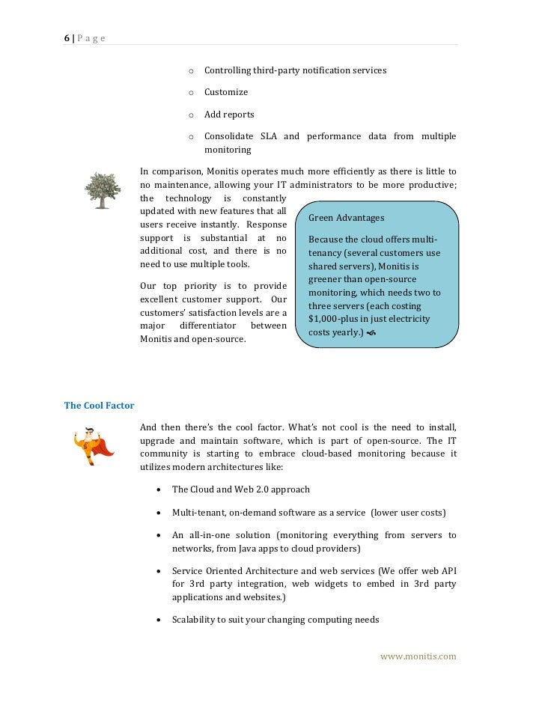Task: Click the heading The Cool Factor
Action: coord(99,406)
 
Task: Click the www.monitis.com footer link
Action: coord(418,656)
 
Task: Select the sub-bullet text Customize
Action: coord(226,92)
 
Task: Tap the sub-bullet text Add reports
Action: coord(229,115)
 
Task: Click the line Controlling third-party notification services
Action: coord(295,70)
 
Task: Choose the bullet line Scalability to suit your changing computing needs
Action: coord(275,620)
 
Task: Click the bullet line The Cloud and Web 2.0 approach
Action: coord(240,489)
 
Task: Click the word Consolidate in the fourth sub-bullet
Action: coord(228,136)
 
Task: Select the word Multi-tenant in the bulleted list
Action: coord(198,513)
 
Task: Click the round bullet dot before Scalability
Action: coord(161,620)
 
